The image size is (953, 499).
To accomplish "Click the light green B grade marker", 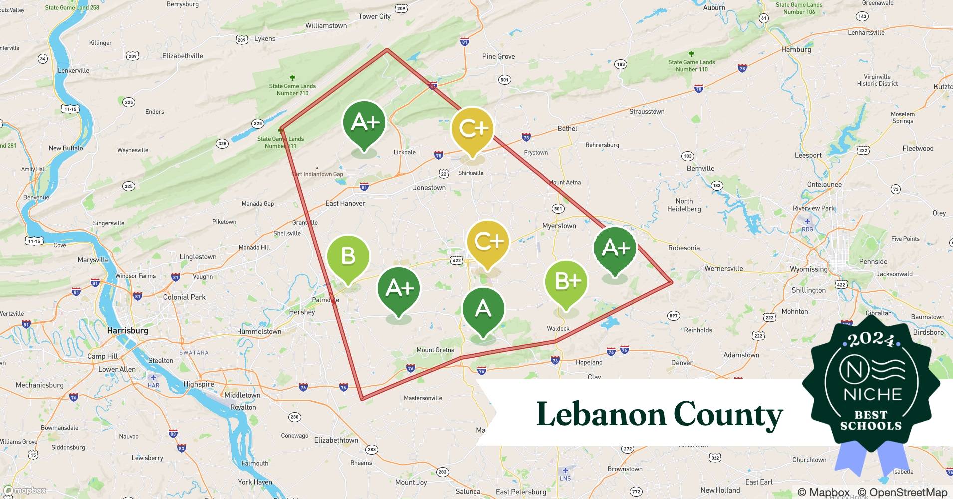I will [348, 256].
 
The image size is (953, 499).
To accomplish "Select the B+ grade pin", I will [566, 282].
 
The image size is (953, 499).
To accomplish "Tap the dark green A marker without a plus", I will [483, 309].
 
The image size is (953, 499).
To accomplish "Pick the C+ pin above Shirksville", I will [473, 128].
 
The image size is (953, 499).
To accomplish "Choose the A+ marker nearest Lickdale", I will [365, 122].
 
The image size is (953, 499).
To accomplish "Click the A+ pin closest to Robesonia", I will [615, 248].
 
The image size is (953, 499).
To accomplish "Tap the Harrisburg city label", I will [127, 330].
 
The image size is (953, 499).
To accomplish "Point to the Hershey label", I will [302, 312].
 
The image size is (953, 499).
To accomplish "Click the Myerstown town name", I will [559, 226].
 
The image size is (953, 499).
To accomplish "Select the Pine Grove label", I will [498, 56].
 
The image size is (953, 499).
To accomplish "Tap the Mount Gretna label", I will [435, 350].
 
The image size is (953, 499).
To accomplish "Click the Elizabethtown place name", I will [336, 440].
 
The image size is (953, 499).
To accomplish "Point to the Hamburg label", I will [796, 49].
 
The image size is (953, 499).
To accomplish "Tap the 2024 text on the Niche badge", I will [871, 339].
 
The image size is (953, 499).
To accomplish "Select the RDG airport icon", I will [807, 221].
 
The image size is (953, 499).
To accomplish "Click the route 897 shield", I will [673, 315].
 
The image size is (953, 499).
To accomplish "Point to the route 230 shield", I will [294, 417].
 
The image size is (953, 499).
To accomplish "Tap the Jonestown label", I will [429, 188].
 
